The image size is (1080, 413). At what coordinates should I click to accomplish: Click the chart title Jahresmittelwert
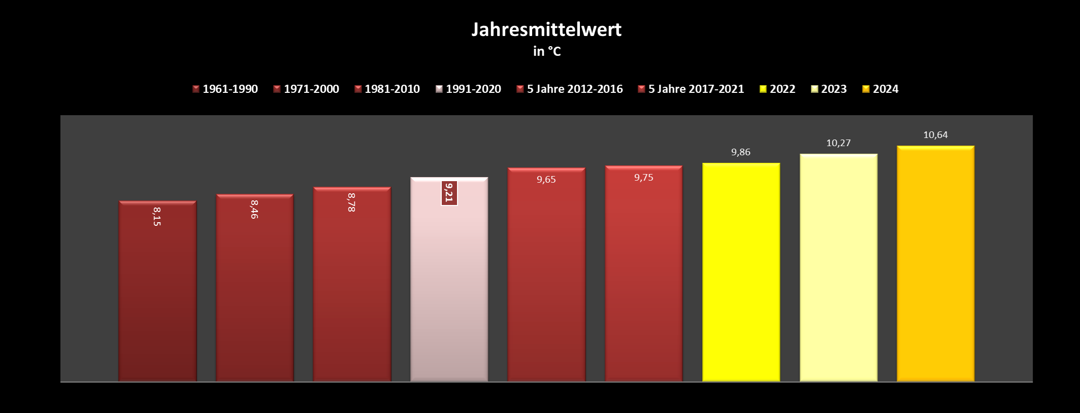tap(546, 29)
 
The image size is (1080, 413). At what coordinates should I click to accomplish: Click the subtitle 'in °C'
tap(547, 51)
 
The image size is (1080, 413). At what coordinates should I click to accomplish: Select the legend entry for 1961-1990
tap(225, 89)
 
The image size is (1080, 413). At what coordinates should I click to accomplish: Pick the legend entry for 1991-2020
tap(468, 89)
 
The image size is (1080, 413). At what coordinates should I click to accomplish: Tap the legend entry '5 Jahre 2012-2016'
tap(570, 89)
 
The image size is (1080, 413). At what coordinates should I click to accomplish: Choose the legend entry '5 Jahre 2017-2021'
tap(691, 89)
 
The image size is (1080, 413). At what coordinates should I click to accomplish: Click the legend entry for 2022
tap(777, 89)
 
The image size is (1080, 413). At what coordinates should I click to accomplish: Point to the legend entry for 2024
tap(880, 89)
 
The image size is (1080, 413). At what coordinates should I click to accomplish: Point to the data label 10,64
tap(935, 135)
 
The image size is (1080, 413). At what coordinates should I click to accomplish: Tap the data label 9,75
tap(644, 178)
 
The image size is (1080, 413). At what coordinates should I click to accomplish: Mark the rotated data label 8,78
tap(351, 202)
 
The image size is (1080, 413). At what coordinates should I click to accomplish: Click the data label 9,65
tap(546, 180)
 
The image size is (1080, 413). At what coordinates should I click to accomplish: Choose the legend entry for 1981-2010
tap(387, 89)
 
